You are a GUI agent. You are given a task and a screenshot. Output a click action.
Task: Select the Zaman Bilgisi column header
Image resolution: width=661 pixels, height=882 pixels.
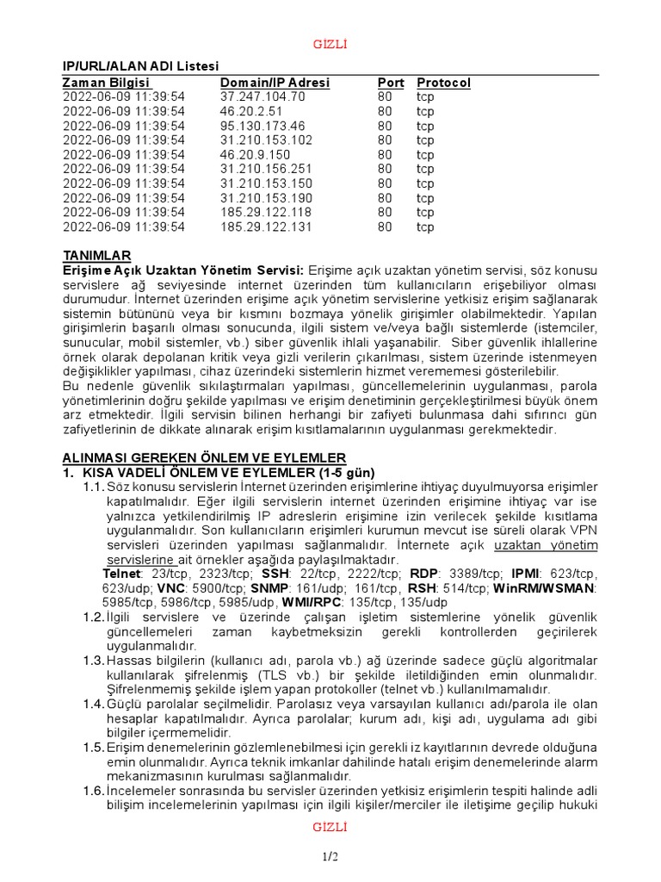point(107,83)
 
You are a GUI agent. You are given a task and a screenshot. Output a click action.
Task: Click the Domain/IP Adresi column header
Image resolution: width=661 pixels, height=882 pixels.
point(275,83)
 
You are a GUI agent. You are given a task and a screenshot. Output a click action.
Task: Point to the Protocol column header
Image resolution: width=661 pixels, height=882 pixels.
point(444,83)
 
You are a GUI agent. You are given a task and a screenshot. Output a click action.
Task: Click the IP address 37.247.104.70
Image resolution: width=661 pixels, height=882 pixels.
point(263,96)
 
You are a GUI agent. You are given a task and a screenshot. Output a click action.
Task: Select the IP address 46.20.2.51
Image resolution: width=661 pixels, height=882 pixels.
point(250,111)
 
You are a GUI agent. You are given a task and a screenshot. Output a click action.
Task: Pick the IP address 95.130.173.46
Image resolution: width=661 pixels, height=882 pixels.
point(263,126)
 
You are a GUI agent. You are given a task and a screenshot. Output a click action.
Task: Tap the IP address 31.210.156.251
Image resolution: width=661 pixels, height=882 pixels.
point(266,169)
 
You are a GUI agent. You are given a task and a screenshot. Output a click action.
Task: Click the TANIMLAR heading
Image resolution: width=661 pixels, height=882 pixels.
point(97,255)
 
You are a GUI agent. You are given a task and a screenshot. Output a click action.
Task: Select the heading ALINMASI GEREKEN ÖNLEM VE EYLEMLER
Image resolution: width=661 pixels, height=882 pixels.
point(204,457)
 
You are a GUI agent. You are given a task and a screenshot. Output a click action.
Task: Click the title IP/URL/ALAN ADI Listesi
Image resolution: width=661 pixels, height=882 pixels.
point(140,66)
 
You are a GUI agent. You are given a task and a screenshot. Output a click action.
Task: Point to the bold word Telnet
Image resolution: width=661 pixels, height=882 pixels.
point(122,574)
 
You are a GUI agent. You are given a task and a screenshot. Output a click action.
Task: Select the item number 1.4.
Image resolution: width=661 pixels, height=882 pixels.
point(93,704)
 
